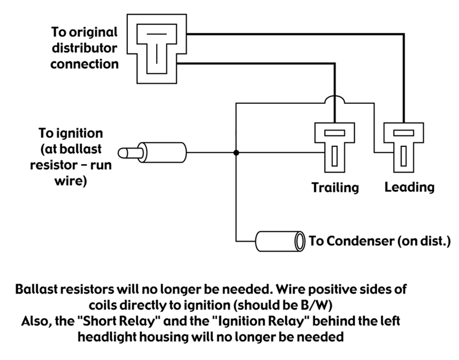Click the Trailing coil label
(335, 187)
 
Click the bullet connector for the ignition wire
(153, 153)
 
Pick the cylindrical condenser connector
(279, 241)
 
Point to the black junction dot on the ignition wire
(236, 153)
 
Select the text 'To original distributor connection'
(84, 48)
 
